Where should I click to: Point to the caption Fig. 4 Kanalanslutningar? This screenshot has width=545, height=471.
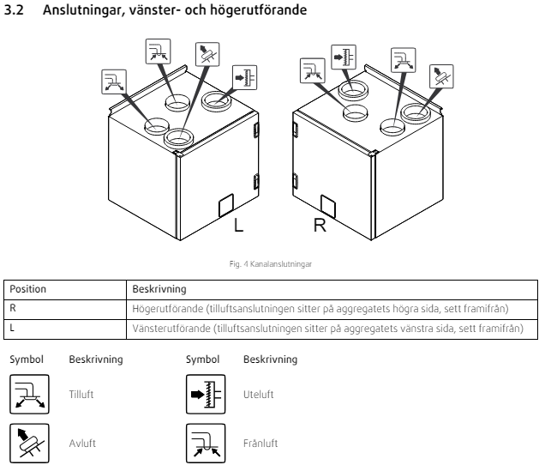(272, 263)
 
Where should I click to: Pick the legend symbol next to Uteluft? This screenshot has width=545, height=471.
(202, 393)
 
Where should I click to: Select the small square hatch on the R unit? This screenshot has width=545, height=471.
(327, 204)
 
